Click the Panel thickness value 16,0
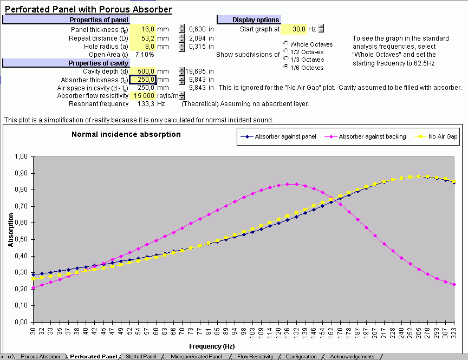147,29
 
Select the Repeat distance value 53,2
147,38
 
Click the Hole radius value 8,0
147,47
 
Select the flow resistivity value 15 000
144,96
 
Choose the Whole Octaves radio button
286,44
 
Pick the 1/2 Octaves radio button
286,51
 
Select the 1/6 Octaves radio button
286,67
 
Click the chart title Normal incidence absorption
126,134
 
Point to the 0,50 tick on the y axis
21,239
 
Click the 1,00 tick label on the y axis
21,156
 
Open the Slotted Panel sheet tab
141,357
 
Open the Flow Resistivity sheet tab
255,357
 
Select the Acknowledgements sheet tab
352,357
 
